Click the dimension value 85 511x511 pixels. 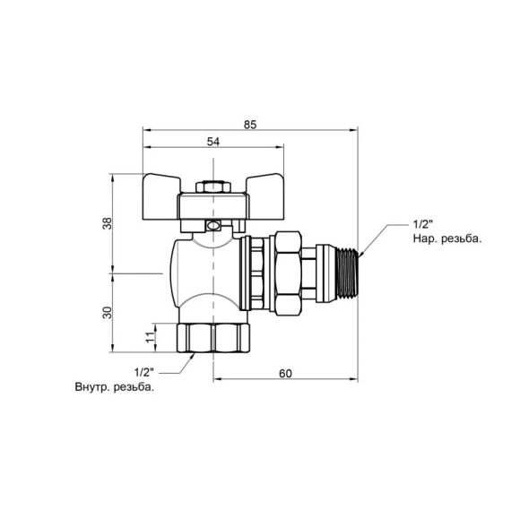pyautogui.click(x=250, y=125)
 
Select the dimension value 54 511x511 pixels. pyautogui.click(x=214, y=142)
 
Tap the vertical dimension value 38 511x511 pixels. pyautogui.click(x=107, y=223)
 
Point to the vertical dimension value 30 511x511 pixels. pyautogui.click(x=107, y=312)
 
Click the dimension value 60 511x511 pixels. pyautogui.click(x=285, y=373)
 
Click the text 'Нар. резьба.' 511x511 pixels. pyautogui.click(x=446, y=239)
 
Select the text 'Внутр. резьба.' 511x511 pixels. pyautogui.click(x=115, y=388)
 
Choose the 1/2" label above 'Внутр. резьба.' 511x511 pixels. pyautogui.click(x=143, y=371)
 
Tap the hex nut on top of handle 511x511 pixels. pyautogui.click(x=211, y=188)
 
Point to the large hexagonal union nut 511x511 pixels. pyautogui.click(x=290, y=271)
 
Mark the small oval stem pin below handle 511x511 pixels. pyautogui.click(x=212, y=228)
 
